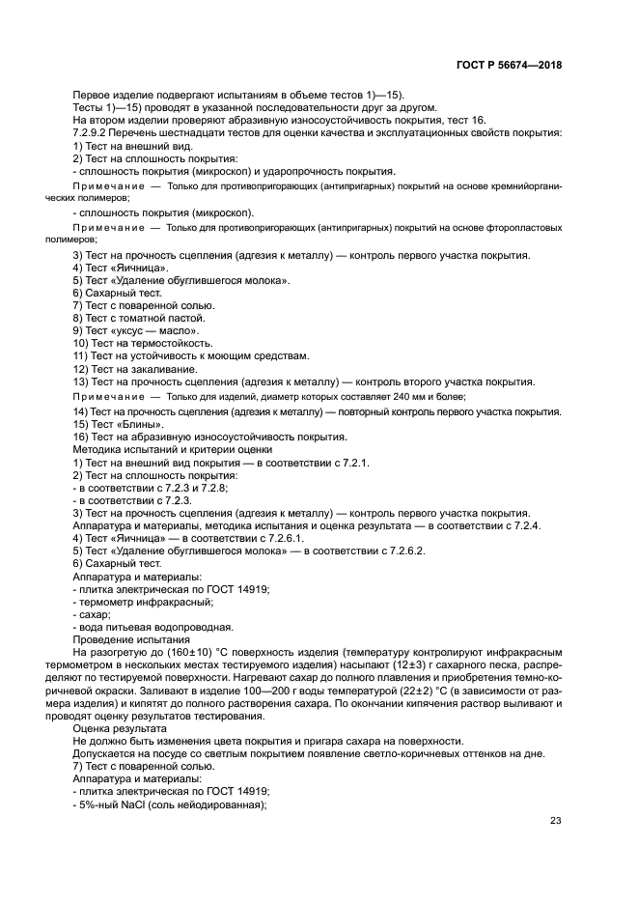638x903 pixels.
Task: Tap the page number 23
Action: tap(556, 821)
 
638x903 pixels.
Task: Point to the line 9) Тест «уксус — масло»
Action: tap(123, 330)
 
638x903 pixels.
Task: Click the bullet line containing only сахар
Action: tap(93, 614)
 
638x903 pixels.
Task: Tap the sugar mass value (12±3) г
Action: tap(455, 665)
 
